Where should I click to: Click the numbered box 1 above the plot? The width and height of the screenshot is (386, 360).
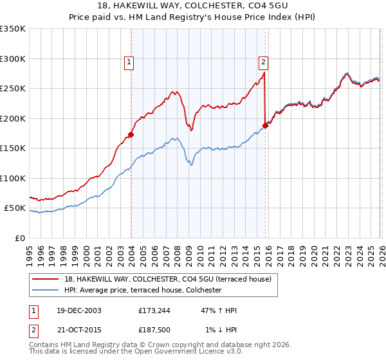click(129, 62)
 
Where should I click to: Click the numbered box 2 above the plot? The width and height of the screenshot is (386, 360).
click(264, 62)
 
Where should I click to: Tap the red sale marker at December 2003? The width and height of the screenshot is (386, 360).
click(131, 135)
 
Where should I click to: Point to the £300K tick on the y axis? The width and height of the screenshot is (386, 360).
click(13, 59)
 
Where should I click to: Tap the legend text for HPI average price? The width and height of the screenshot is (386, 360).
click(143, 290)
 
